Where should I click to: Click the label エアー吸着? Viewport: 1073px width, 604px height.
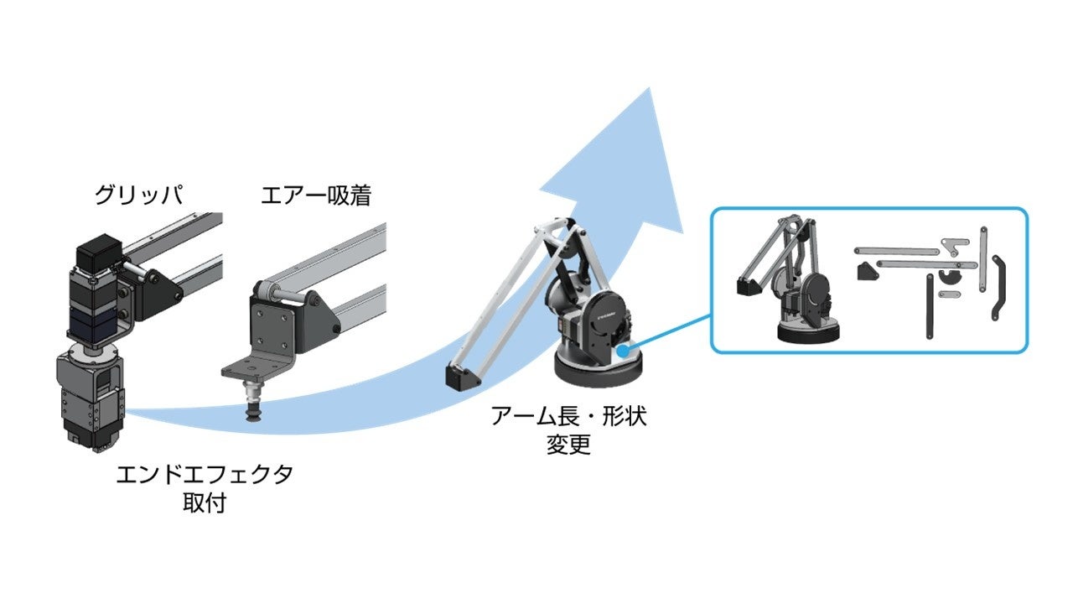[316, 196]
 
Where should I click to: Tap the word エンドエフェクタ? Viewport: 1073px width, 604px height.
[205, 475]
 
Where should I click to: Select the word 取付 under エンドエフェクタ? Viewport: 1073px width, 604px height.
[205, 504]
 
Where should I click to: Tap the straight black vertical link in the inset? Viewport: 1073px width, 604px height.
[930, 306]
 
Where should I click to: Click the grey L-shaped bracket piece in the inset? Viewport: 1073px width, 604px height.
[951, 245]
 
